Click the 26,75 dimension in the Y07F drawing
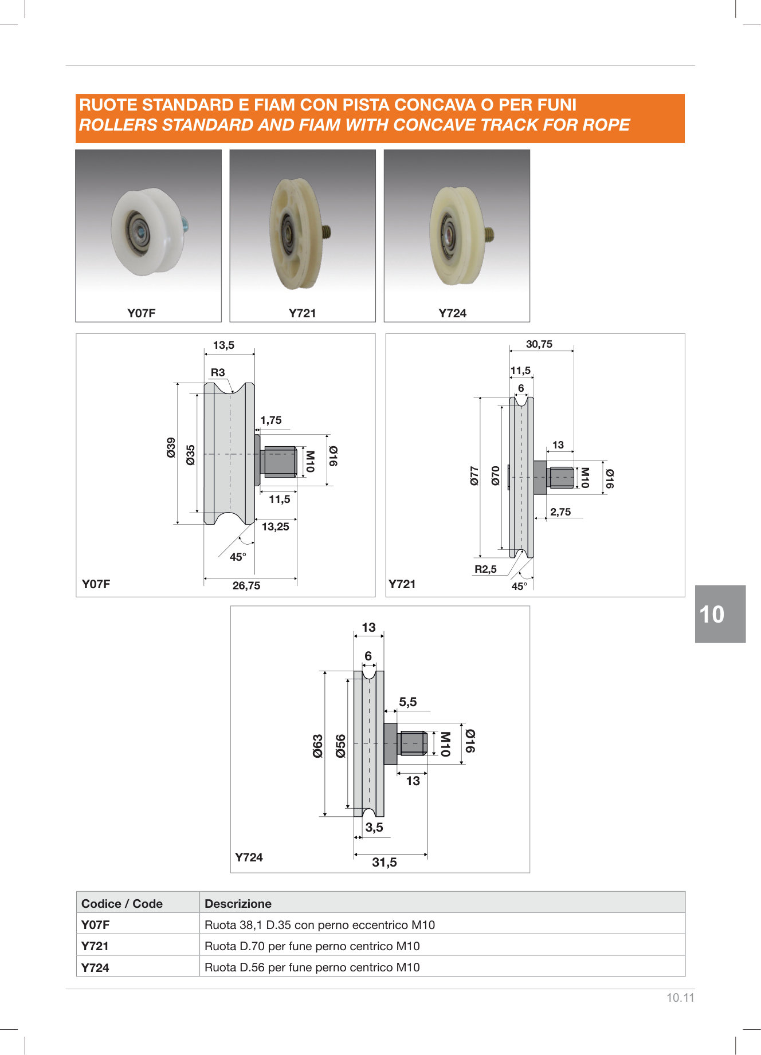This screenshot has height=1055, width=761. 246,586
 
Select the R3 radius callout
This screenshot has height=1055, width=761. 218,373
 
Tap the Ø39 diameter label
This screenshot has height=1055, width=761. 171,447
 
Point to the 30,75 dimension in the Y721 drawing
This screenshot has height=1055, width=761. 539,344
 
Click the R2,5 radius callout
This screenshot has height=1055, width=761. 485,569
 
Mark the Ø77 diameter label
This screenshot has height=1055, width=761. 474,476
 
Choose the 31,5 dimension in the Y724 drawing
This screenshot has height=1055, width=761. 385,863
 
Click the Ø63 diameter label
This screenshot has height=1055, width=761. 318,746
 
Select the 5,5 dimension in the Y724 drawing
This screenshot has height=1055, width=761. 408,702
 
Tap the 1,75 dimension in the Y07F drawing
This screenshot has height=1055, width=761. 271,420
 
